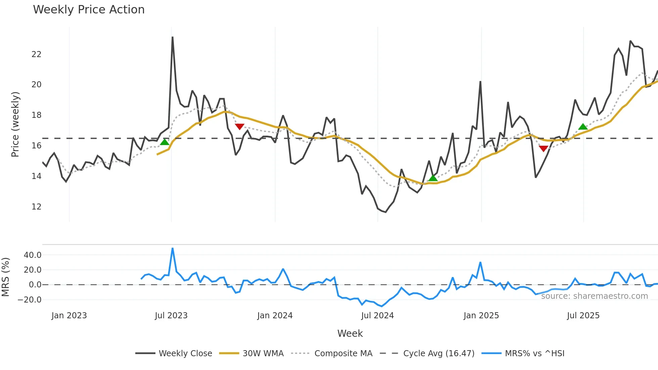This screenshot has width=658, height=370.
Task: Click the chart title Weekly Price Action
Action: (89, 10)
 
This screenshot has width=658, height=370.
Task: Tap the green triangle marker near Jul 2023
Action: (164, 142)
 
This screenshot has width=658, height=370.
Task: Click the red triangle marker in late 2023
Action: (239, 127)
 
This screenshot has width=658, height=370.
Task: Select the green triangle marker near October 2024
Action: (433, 178)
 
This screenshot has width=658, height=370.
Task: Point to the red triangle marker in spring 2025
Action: (543, 148)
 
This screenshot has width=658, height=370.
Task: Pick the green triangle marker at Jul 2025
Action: (583, 127)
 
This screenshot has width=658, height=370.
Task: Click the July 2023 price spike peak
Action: (173, 37)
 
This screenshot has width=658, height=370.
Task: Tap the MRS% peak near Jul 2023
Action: (173, 248)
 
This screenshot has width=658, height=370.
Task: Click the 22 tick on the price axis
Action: (36, 54)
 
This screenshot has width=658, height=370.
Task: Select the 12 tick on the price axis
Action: (36, 207)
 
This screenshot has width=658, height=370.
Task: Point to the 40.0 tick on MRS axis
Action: (33, 255)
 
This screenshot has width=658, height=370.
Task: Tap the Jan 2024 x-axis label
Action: (275, 316)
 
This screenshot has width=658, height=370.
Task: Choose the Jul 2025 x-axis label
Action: (583, 316)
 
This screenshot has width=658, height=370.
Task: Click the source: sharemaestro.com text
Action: (594, 296)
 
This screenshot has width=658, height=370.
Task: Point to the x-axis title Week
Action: (350, 333)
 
